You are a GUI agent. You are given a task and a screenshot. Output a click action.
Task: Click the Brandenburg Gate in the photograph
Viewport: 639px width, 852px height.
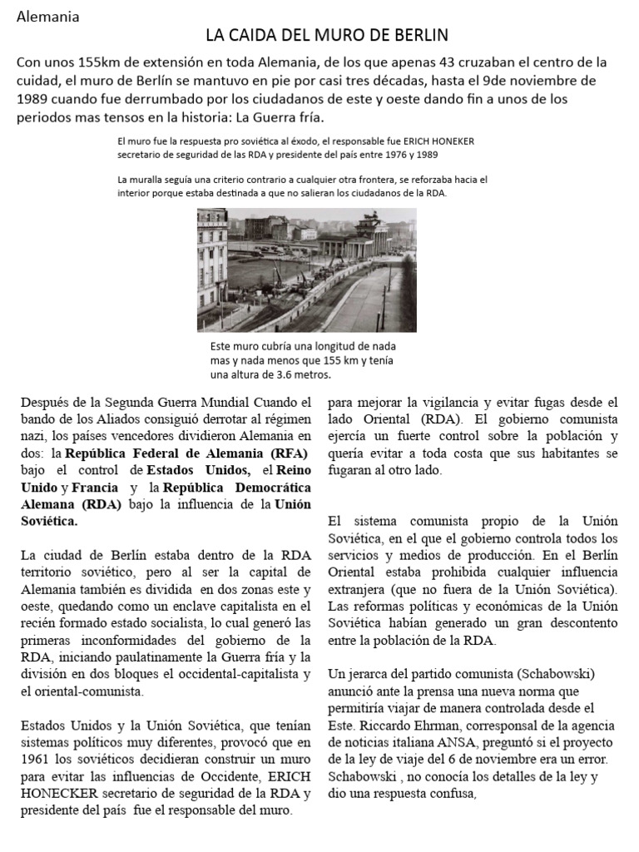(x=367, y=237)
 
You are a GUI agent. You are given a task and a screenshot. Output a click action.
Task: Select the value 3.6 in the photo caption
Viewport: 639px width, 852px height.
(x=274, y=374)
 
